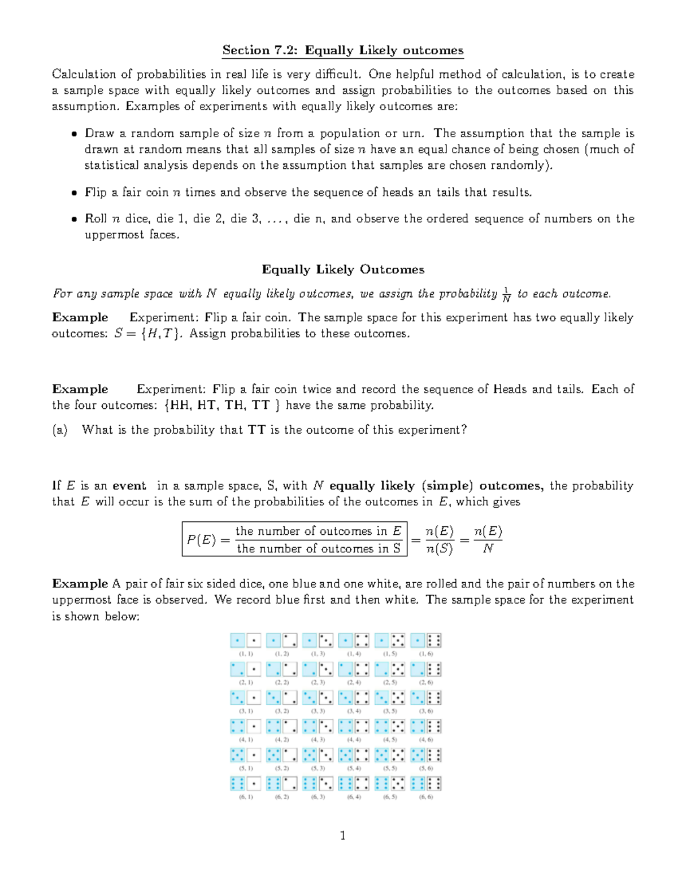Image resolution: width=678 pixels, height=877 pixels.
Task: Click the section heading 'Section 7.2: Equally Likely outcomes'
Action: click(x=342, y=50)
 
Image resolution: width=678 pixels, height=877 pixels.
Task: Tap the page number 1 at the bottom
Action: click(x=342, y=835)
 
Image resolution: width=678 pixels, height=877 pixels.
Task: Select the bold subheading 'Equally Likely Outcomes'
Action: click(x=343, y=269)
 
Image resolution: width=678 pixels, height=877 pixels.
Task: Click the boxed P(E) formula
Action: click(x=294, y=539)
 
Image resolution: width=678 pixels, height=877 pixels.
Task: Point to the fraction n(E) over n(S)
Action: click(x=439, y=540)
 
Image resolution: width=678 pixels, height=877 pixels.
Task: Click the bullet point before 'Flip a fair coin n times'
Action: click(x=73, y=193)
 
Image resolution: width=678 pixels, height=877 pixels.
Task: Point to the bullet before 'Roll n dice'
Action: click(x=73, y=219)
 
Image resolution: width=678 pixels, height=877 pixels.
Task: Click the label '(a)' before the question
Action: click(x=59, y=430)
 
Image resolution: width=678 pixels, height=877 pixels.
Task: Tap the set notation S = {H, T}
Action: click(x=147, y=333)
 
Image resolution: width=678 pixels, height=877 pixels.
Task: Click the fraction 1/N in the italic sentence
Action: click(x=506, y=294)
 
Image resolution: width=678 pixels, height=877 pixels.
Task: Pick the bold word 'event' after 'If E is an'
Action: click(x=129, y=486)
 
